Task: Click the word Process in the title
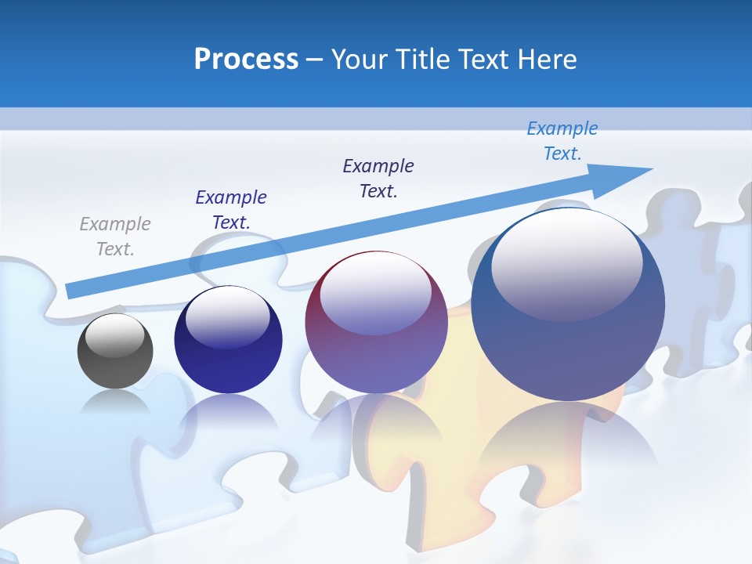click(x=246, y=60)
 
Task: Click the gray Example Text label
click(x=115, y=237)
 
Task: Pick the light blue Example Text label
click(x=562, y=141)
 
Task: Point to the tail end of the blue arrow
click(x=70, y=291)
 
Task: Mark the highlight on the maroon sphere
click(x=376, y=294)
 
